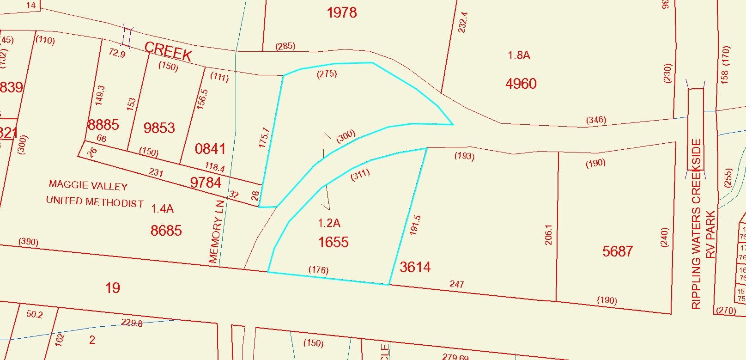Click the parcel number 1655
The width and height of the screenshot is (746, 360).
[x=333, y=242]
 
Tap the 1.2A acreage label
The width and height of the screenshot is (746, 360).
[x=329, y=223]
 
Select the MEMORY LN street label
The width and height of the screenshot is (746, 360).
[x=216, y=232]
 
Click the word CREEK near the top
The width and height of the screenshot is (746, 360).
[x=168, y=51]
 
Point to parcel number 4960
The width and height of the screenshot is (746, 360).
[x=521, y=84]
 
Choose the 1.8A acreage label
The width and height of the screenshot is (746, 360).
[x=519, y=55]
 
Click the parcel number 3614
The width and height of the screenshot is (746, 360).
[x=415, y=267]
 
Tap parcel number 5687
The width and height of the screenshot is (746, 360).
[x=618, y=251]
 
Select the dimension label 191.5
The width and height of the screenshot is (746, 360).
[x=415, y=225]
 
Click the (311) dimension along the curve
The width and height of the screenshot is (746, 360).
[x=360, y=175]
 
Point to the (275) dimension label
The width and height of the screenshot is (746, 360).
[x=327, y=73]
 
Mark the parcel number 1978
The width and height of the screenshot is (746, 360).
[x=342, y=12]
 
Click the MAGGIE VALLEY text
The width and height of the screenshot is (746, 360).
[x=88, y=185]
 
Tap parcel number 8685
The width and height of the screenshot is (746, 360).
[x=166, y=230]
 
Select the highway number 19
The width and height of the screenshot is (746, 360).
[x=113, y=288]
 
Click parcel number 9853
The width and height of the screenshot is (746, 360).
[x=159, y=128]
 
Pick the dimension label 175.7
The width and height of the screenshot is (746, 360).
[x=264, y=138]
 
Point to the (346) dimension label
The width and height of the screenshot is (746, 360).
[x=596, y=120]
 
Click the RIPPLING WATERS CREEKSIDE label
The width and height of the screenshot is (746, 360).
[x=696, y=224]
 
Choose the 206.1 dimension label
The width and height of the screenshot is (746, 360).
[x=548, y=235]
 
